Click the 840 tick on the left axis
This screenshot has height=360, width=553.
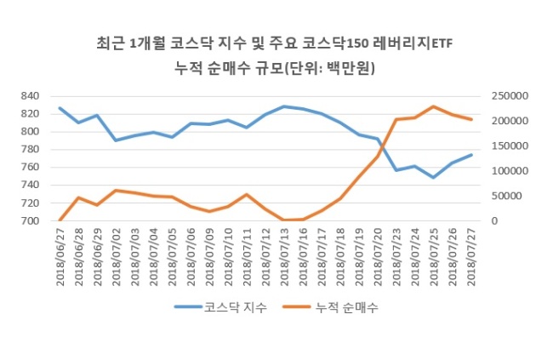pyautogui.click(x=30, y=96)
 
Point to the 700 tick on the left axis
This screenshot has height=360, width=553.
pyautogui.click(x=30, y=221)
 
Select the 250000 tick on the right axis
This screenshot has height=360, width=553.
pyautogui.click(x=510, y=96)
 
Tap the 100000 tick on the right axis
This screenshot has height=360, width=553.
pyautogui.click(x=510, y=171)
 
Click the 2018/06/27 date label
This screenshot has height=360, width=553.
pyautogui.click(x=60, y=257)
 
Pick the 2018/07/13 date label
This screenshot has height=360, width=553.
pyautogui.click(x=285, y=257)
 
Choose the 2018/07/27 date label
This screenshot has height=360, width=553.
pyautogui.click(x=471, y=257)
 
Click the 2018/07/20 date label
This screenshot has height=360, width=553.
pyautogui.click(x=378, y=257)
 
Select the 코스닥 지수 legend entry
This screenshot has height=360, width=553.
pyautogui.click(x=221, y=307)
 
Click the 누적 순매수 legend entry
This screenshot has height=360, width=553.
pyautogui.click(x=330, y=307)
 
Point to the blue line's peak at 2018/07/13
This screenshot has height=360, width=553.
pyautogui.click(x=284, y=106)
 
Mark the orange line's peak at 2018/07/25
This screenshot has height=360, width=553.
pyautogui.click(x=434, y=106)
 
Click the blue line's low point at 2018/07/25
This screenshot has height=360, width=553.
pyautogui.click(x=434, y=178)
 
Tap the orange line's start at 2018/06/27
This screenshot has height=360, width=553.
pyautogui.click(x=60, y=220)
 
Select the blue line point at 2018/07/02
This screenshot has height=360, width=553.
pyautogui.click(x=116, y=140)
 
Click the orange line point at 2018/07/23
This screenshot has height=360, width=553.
pyautogui.click(x=396, y=120)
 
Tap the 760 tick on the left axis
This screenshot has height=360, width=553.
pyautogui.click(x=30, y=167)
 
